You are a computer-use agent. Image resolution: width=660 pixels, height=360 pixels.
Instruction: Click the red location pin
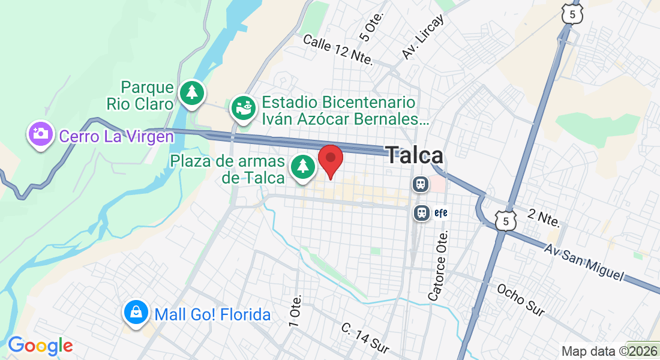click(x=330, y=160)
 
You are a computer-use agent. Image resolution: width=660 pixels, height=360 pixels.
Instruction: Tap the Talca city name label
click(x=415, y=155)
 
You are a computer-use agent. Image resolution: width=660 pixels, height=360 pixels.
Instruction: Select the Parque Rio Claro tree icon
click(x=191, y=92)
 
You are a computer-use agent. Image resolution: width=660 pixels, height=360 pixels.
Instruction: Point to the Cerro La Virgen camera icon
click(x=40, y=133)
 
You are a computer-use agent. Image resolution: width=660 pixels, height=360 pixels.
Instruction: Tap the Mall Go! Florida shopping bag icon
click(x=137, y=312)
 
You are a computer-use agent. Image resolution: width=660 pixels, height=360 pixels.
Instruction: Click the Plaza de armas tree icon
click(x=303, y=166)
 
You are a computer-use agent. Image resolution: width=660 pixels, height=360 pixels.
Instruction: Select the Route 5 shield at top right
click(x=573, y=13)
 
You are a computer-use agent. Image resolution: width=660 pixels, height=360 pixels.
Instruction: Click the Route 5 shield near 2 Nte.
click(x=506, y=220)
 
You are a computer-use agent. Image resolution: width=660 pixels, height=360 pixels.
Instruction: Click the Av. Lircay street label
click(x=424, y=37)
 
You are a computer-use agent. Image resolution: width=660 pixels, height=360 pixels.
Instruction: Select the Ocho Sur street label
click(x=521, y=299)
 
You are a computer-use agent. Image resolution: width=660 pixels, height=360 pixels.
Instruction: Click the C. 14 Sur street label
click(x=365, y=337)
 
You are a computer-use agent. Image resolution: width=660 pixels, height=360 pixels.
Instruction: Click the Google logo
click(x=40, y=346)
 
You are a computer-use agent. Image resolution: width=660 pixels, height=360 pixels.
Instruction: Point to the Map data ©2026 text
click(x=610, y=352)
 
